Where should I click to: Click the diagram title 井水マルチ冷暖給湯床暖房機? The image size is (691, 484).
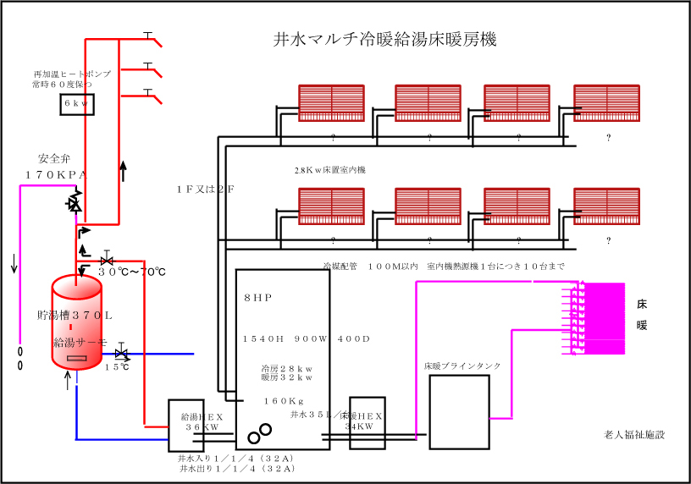coord(385,40)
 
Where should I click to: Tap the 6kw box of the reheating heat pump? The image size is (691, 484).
coord(77,103)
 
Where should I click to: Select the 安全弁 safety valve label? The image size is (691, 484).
coord(56,158)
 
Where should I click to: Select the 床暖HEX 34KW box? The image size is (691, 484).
coord(367,421)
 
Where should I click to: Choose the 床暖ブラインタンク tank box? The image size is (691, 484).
coord(459,411)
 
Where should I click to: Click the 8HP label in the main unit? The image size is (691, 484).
coord(257,299)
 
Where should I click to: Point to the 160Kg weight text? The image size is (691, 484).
coord(284,401)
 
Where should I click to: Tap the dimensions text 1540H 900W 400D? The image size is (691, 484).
coord(307,338)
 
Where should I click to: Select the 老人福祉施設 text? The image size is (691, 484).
coord(634,435)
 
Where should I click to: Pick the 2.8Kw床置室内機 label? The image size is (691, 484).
coord(329,170)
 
